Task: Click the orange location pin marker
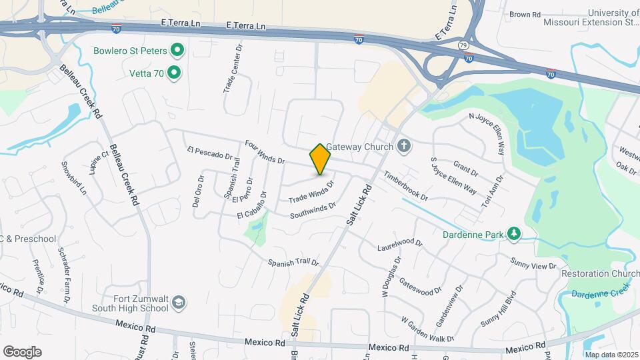coord(321,159)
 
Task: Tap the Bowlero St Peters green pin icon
coord(177,50)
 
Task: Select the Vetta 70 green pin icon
coord(174,72)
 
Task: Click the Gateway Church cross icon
coord(403,146)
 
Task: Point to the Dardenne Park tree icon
coord(513,233)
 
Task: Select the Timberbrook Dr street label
coord(405,186)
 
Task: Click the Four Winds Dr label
coord(265,152)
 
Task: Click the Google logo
coord(22,351)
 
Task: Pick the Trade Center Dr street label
coord(231,69)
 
